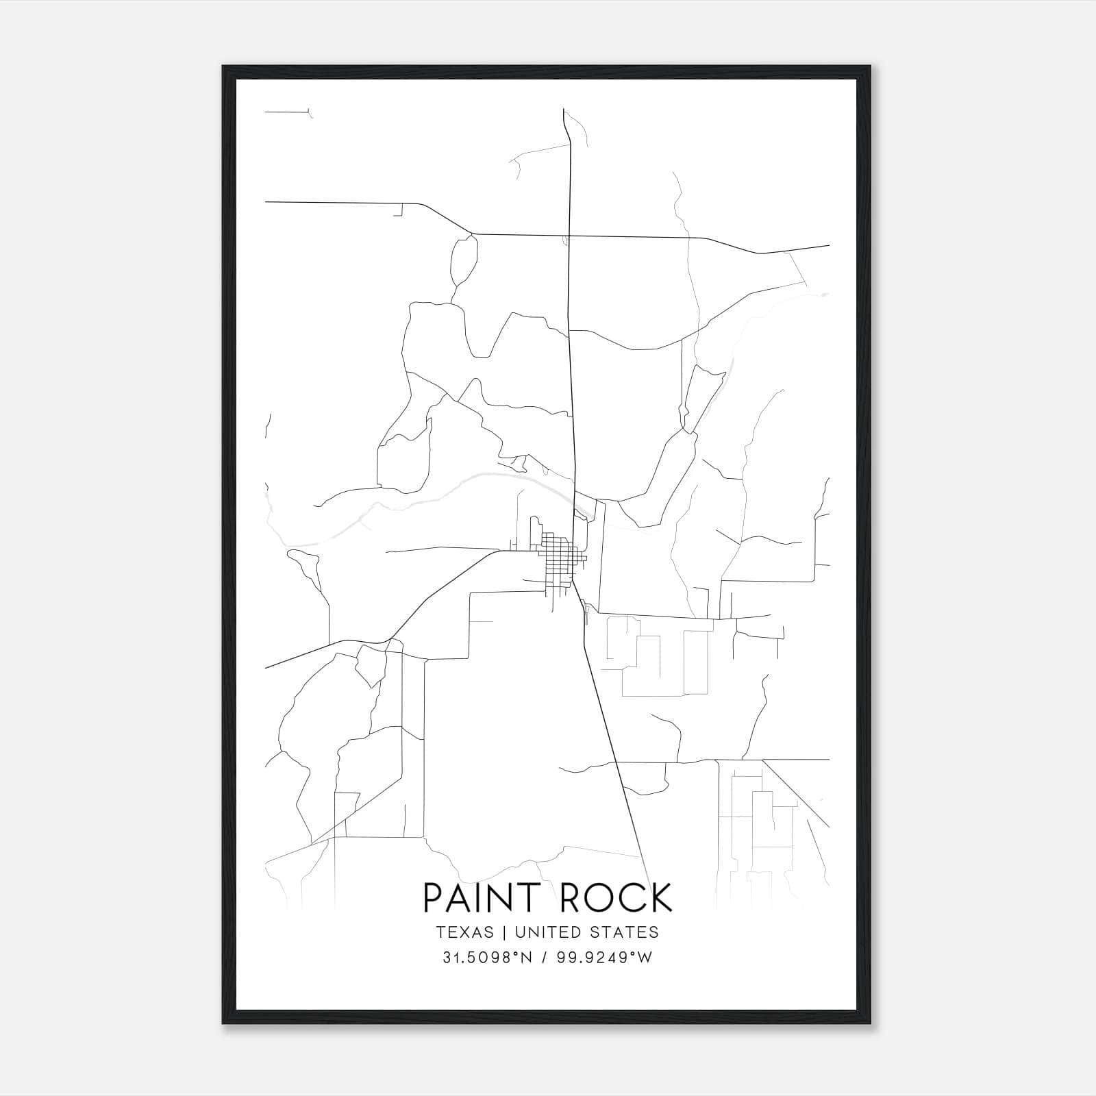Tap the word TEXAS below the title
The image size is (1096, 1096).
pos(464,932)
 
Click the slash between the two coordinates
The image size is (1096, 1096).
pos(545,958)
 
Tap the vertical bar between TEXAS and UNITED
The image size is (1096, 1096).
pos(504,932)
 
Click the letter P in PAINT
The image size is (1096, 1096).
pos(432,897)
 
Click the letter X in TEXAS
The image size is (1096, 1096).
pos(464,932)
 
